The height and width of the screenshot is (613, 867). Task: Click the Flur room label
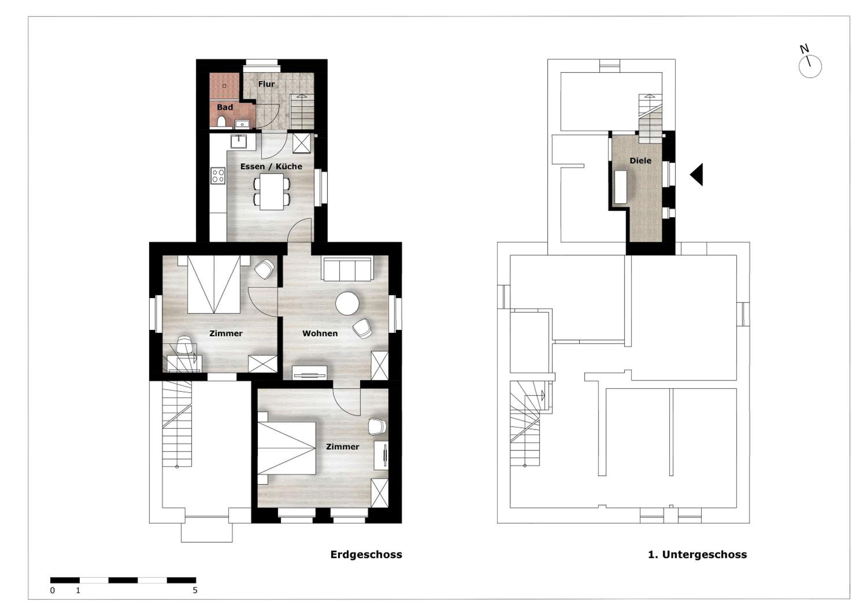[266, 84]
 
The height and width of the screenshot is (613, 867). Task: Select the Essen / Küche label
[271, 166]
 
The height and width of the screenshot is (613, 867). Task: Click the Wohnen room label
[320, 333]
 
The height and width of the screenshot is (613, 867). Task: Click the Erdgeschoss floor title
[366, 554]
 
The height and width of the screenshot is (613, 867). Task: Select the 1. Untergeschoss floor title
[697, 554]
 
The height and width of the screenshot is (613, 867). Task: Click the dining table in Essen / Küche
[271, 191]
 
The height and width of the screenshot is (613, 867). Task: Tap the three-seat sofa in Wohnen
[347, 269]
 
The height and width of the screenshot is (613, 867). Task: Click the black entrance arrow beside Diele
[697, 174]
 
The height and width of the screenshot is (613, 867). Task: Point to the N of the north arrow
[804, 49]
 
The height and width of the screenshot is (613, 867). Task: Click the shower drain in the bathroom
[224, 86]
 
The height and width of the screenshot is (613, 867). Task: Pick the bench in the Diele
[621, 187]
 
